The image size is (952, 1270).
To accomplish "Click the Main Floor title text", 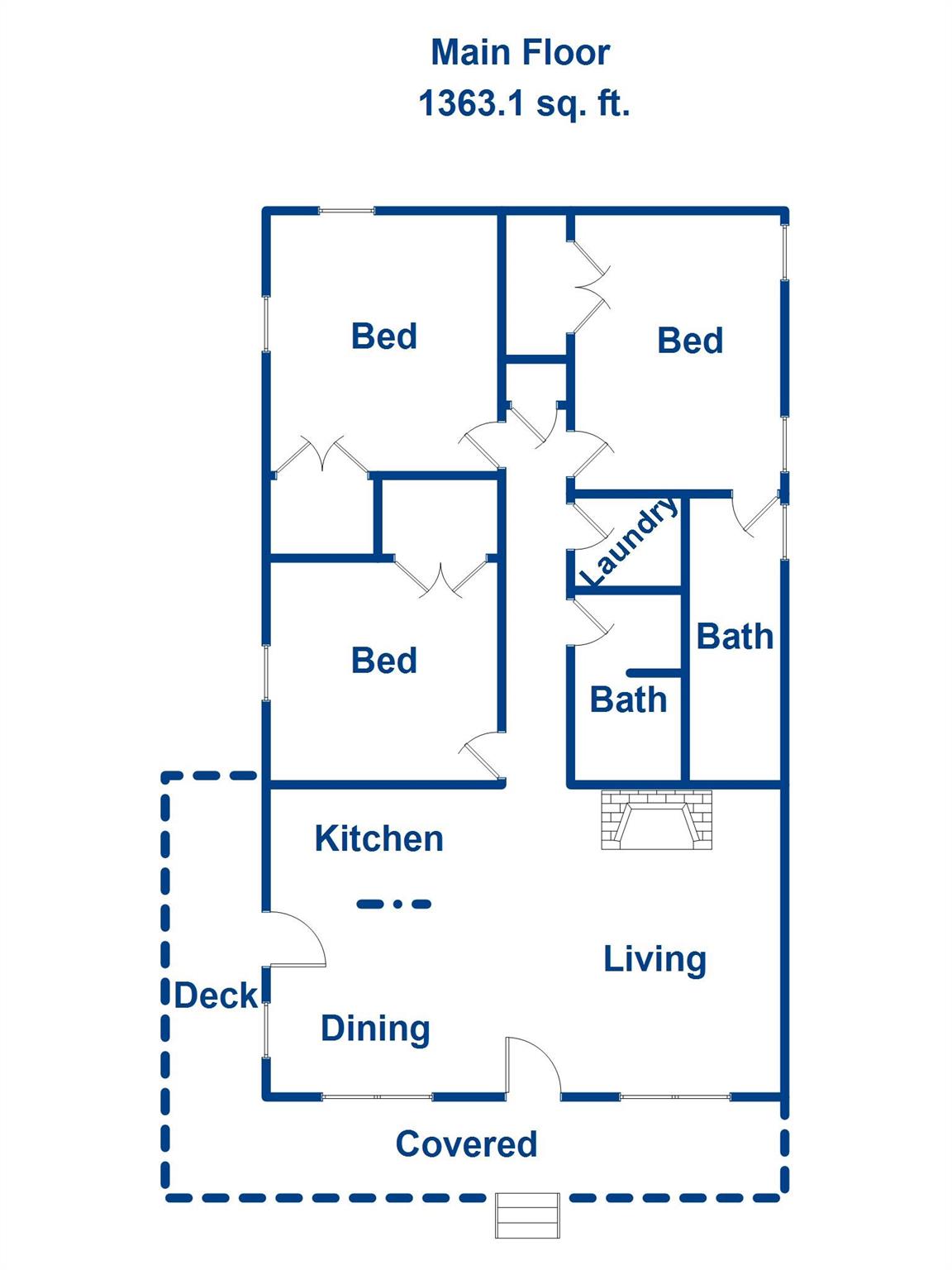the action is (521, 53).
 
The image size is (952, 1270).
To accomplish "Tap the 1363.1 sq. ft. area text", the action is (524, 104).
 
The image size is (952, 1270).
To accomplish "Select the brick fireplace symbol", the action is (657, 819).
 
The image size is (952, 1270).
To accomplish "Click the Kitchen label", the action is (378, 838).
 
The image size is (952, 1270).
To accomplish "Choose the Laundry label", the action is (629, 541).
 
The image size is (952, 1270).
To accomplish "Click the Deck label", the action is (216, 995).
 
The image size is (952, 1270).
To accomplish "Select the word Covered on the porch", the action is (466, 1143).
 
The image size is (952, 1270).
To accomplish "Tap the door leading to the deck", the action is (295, 939).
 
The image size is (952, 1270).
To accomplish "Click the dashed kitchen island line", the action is (393, 903).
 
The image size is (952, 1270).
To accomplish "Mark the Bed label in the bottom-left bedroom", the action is (383, 660).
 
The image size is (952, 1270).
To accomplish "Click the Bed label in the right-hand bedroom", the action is (690, 340).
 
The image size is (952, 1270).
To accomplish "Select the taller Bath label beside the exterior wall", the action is (735, 637).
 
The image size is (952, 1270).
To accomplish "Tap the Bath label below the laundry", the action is (628, 699).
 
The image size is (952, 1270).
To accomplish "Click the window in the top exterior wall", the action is (347, 211).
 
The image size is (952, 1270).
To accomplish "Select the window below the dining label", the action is (377, 1096).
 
